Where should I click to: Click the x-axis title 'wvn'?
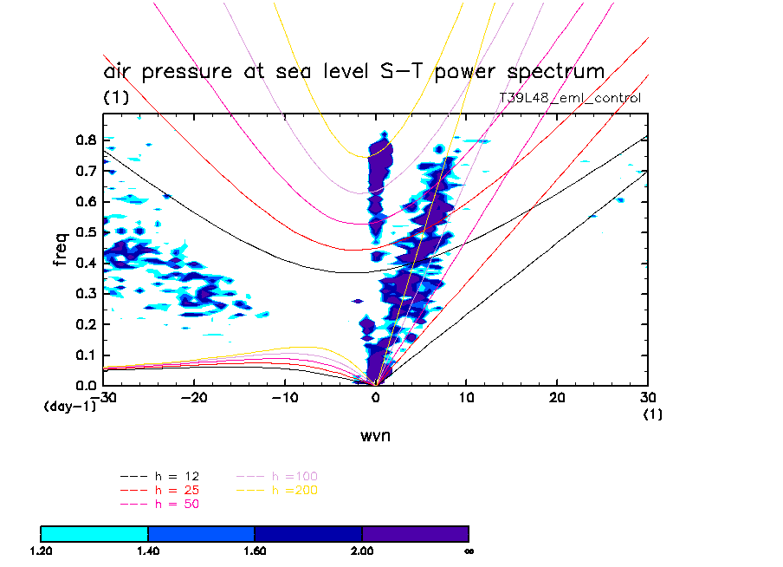(x=375, y=435)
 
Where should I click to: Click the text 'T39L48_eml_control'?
(x=570, y=98)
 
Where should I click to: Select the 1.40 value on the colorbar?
(x=148, y=551)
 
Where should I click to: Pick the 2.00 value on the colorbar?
(x=362, y=551)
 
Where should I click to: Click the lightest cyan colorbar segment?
(x=94, y=533)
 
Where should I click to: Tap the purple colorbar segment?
(x=415, y=533)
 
